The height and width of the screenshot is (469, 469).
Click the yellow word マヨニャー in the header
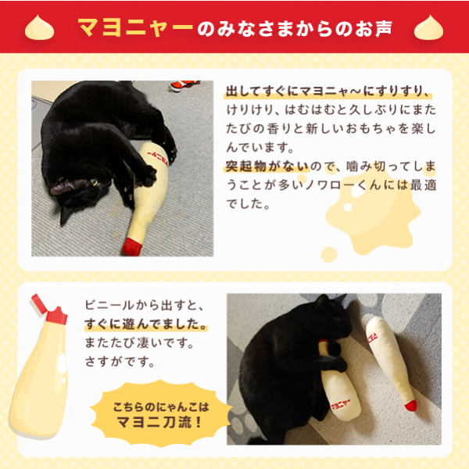click(135, 28)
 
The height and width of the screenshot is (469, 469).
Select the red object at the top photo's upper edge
click(181, 84)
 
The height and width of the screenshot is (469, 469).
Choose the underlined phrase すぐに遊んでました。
click(145, 324)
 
